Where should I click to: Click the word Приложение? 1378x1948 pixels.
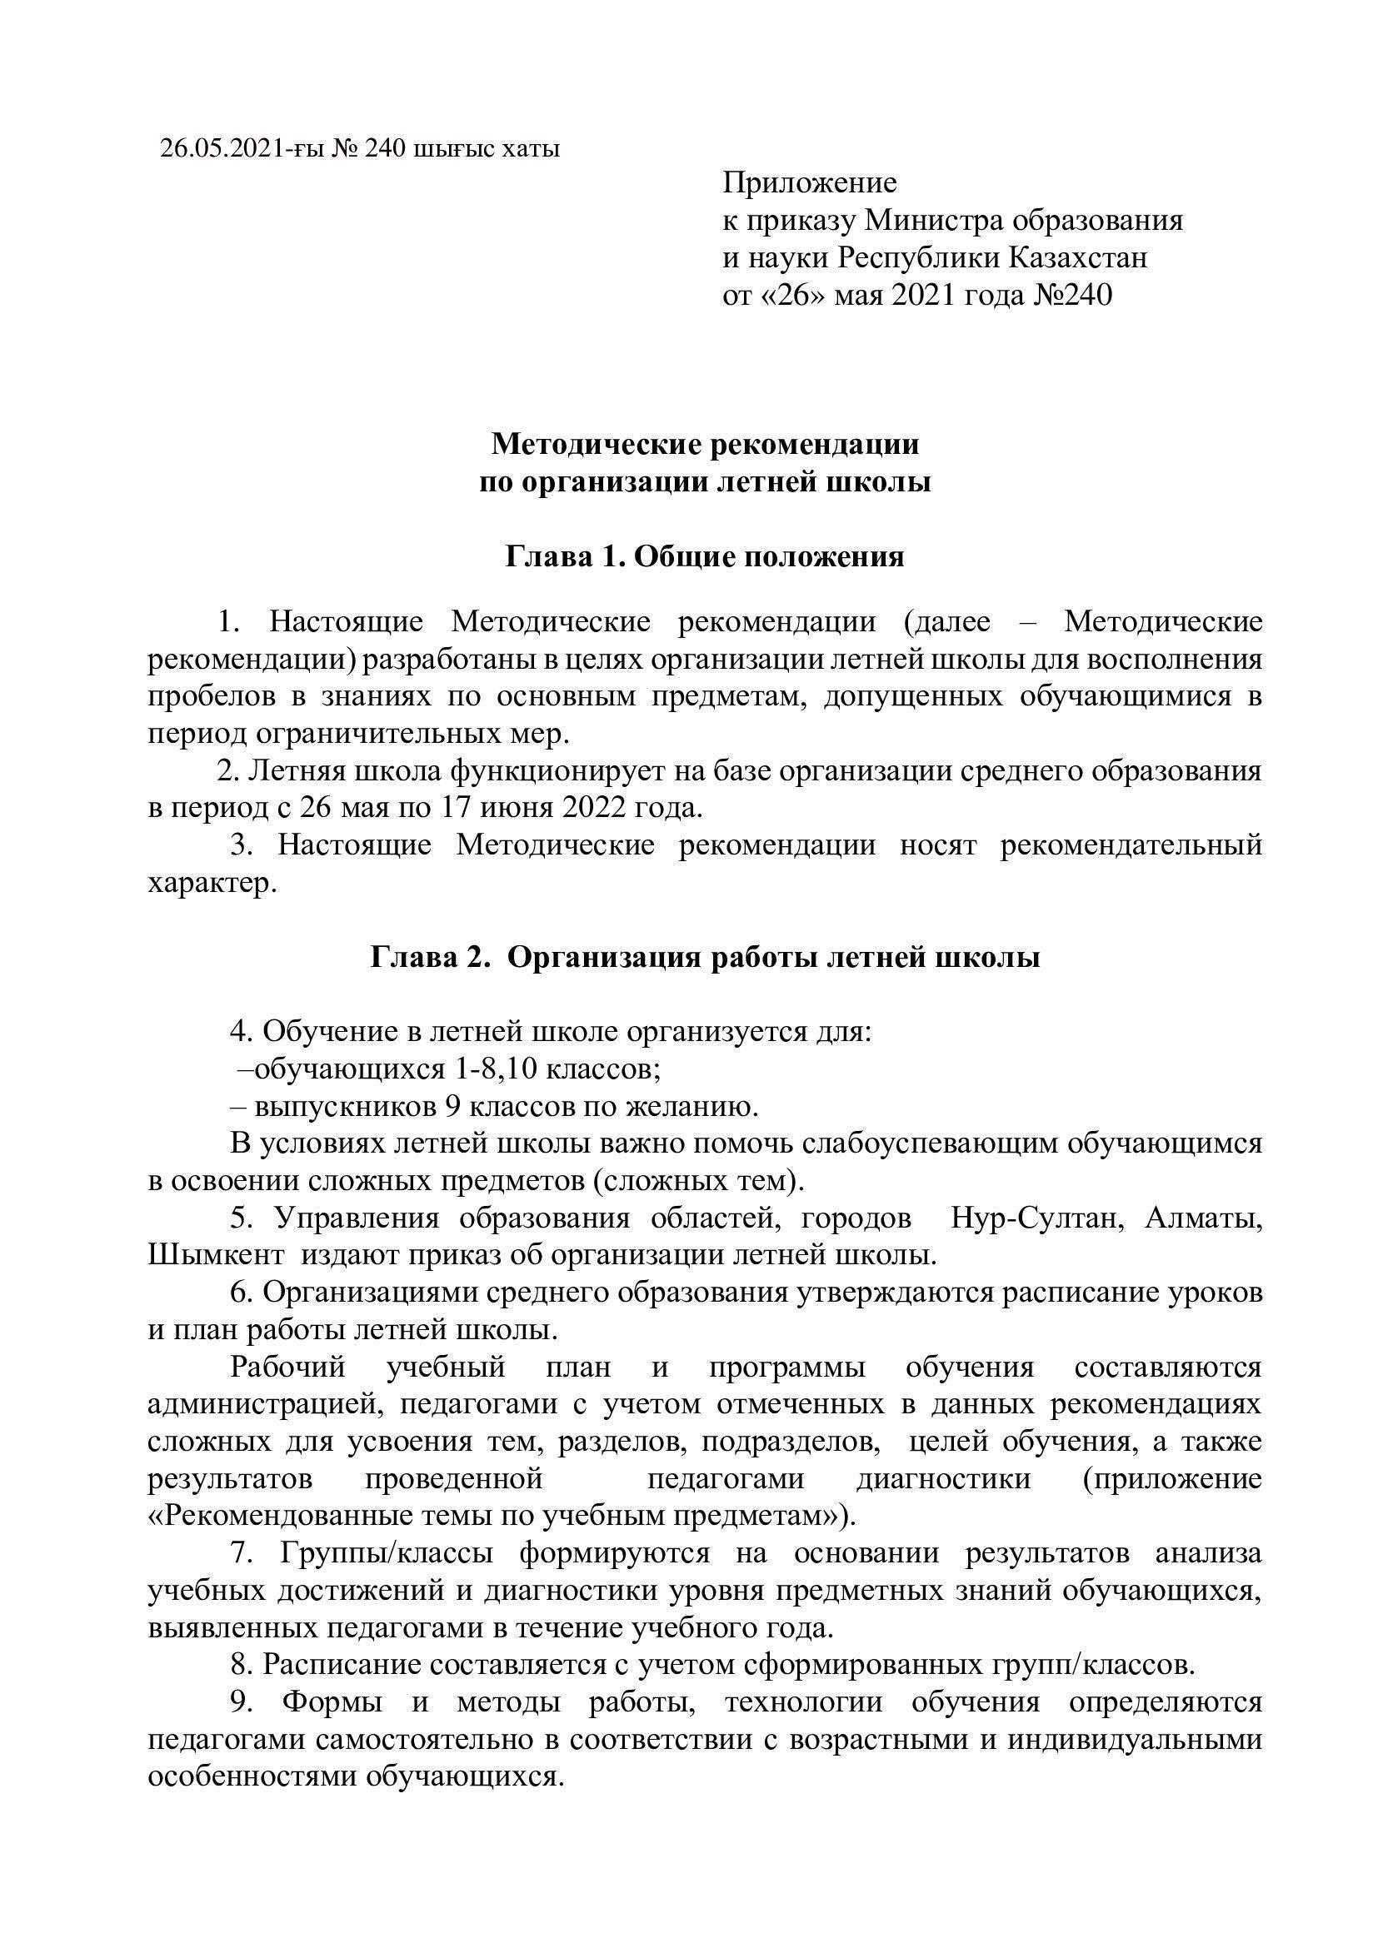coord(810,182)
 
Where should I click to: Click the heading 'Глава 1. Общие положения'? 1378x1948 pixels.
coord(704,557)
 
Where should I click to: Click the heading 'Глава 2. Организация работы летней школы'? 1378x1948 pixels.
coord(704,958)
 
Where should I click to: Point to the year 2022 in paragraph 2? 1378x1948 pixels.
coord(592,807)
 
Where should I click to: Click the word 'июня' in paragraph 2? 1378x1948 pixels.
coord(517,807)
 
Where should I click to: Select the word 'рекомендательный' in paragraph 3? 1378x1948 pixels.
coord(1131,845)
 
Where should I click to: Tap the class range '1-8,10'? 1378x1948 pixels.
coord(497,1069)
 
